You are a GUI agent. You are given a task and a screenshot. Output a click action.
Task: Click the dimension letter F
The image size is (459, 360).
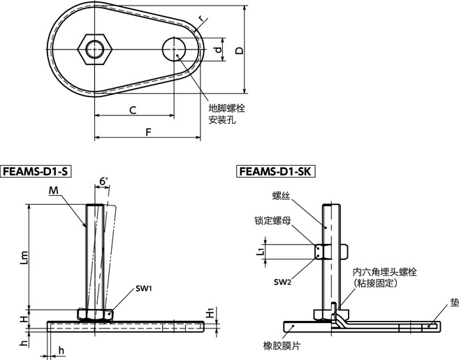(147, 131)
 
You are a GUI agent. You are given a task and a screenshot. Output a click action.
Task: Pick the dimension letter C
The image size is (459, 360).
(132, 109)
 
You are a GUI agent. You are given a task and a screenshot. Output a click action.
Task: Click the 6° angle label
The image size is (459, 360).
(104, 182)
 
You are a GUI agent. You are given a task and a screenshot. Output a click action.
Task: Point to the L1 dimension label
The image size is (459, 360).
(261, 250)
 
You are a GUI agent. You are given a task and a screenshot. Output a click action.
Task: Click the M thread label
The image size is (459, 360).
(54, 191)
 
